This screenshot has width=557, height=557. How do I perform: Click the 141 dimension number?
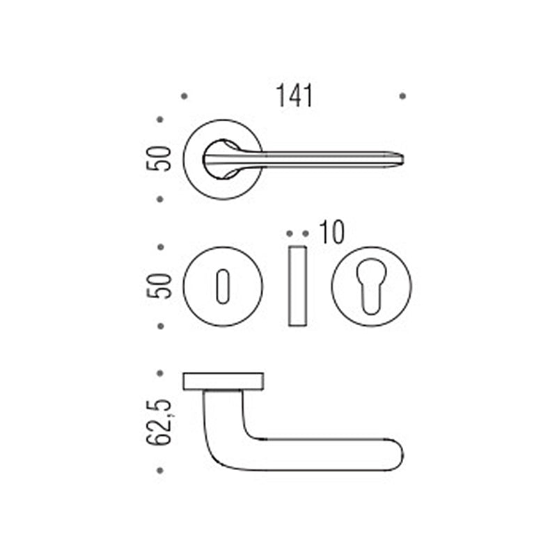pos(294,95)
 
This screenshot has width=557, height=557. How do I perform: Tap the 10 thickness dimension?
pos(332,233)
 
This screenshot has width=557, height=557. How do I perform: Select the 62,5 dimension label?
pos(159,422)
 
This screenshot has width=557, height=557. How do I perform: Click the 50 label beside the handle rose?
pos(159,159)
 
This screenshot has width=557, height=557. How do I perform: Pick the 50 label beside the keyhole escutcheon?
pos(159,286)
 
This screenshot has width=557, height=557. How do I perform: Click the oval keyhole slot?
pos(223,286)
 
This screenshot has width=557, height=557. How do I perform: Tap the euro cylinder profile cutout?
pos(371,286)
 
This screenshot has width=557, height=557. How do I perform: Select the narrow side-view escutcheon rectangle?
pos(297,286)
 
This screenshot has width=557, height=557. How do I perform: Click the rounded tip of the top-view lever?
pos(402,159)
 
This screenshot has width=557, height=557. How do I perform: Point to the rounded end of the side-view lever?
pos(402,455)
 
